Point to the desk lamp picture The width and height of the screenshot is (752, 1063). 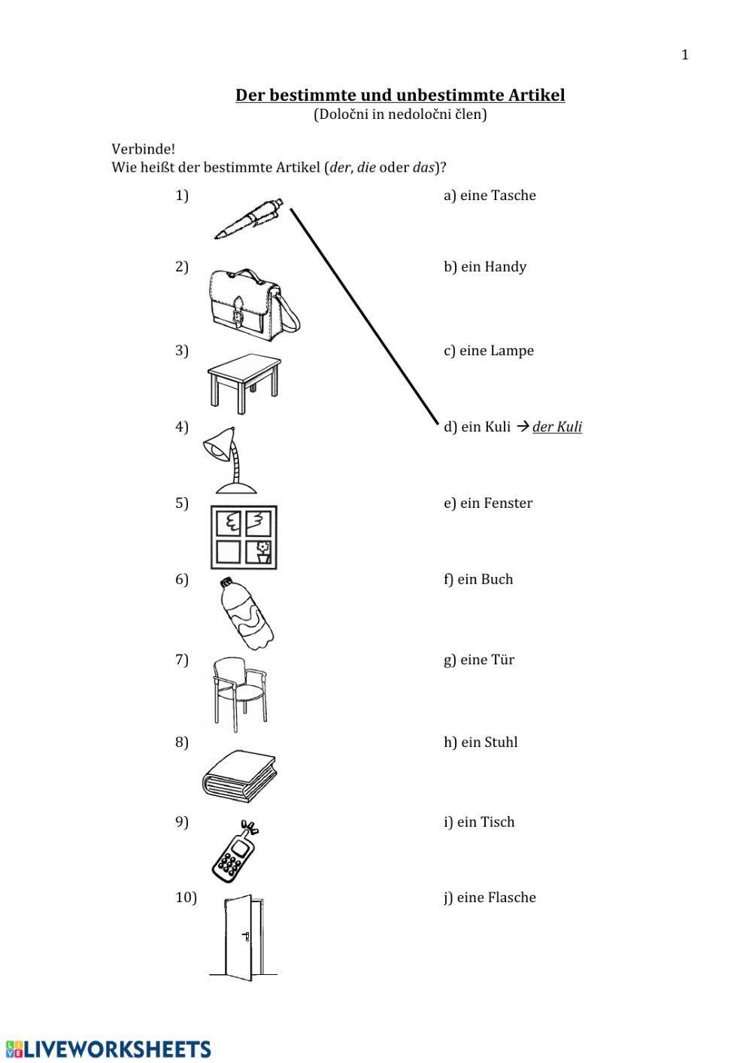229,460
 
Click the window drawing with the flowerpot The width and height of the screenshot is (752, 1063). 244,537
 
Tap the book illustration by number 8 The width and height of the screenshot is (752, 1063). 239,776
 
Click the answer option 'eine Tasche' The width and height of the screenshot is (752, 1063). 490,196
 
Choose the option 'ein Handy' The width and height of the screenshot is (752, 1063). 485,267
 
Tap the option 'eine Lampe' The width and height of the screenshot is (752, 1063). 489,351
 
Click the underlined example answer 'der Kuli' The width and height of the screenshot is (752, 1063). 557,427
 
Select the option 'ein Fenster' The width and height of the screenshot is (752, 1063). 488,503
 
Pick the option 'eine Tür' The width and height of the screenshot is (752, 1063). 479,660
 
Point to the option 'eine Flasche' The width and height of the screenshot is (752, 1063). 490,897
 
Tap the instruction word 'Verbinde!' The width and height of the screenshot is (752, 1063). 143,149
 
